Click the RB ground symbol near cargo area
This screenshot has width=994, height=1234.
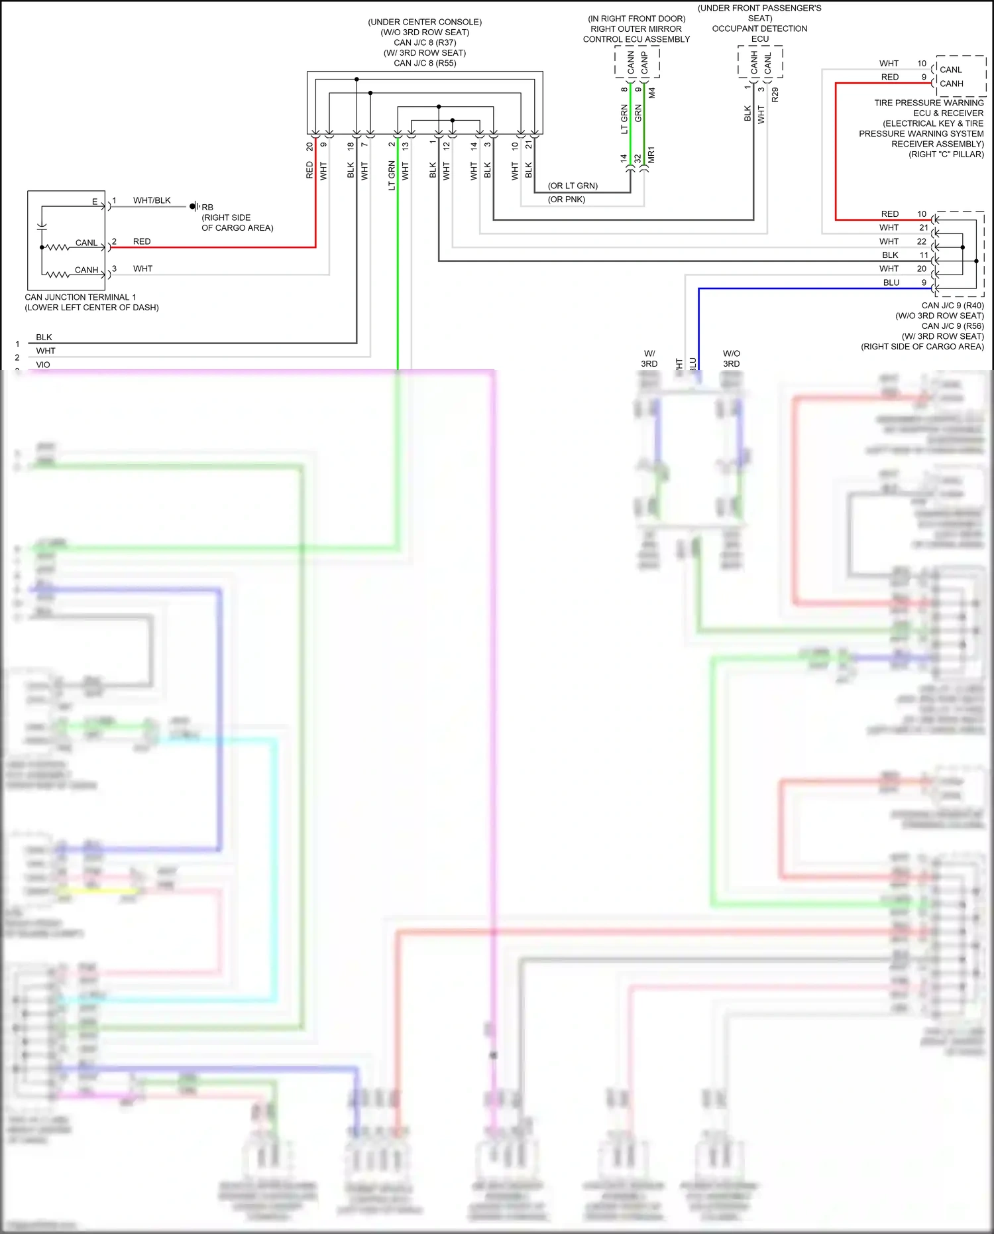tap(193, 206)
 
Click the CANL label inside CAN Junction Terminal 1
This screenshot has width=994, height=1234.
tap(86, 243)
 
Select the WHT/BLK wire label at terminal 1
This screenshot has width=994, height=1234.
tap(152, 200)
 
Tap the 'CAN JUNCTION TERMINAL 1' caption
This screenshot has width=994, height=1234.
tap(80, 297)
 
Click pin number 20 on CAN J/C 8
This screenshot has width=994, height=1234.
tap(309, 147)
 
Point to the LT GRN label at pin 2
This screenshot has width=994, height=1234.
tap(392, 176)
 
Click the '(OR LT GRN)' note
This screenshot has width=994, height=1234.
tap(573, 186)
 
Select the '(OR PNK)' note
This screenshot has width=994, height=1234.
tap(567, 199)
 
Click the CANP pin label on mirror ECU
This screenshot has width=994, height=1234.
tap(644, 63)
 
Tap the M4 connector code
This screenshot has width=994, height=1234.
tap(652, 93)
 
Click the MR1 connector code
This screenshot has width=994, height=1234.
tap(651, 155)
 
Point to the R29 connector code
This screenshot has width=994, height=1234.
tap(775, 94)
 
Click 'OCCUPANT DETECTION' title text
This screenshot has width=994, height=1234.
tap(759, 29)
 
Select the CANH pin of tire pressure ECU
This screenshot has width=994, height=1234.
tap(951, 84)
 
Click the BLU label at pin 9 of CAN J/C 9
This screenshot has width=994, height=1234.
tap(891, 282)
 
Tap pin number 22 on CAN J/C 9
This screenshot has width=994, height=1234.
tap(921, 241)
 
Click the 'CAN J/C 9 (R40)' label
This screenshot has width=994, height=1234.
tap(952, 306)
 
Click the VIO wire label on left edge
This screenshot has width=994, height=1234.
tap(43, 365)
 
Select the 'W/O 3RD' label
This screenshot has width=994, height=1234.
tap(731, 359)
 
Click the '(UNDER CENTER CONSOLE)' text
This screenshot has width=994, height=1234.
tap(425, 22)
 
